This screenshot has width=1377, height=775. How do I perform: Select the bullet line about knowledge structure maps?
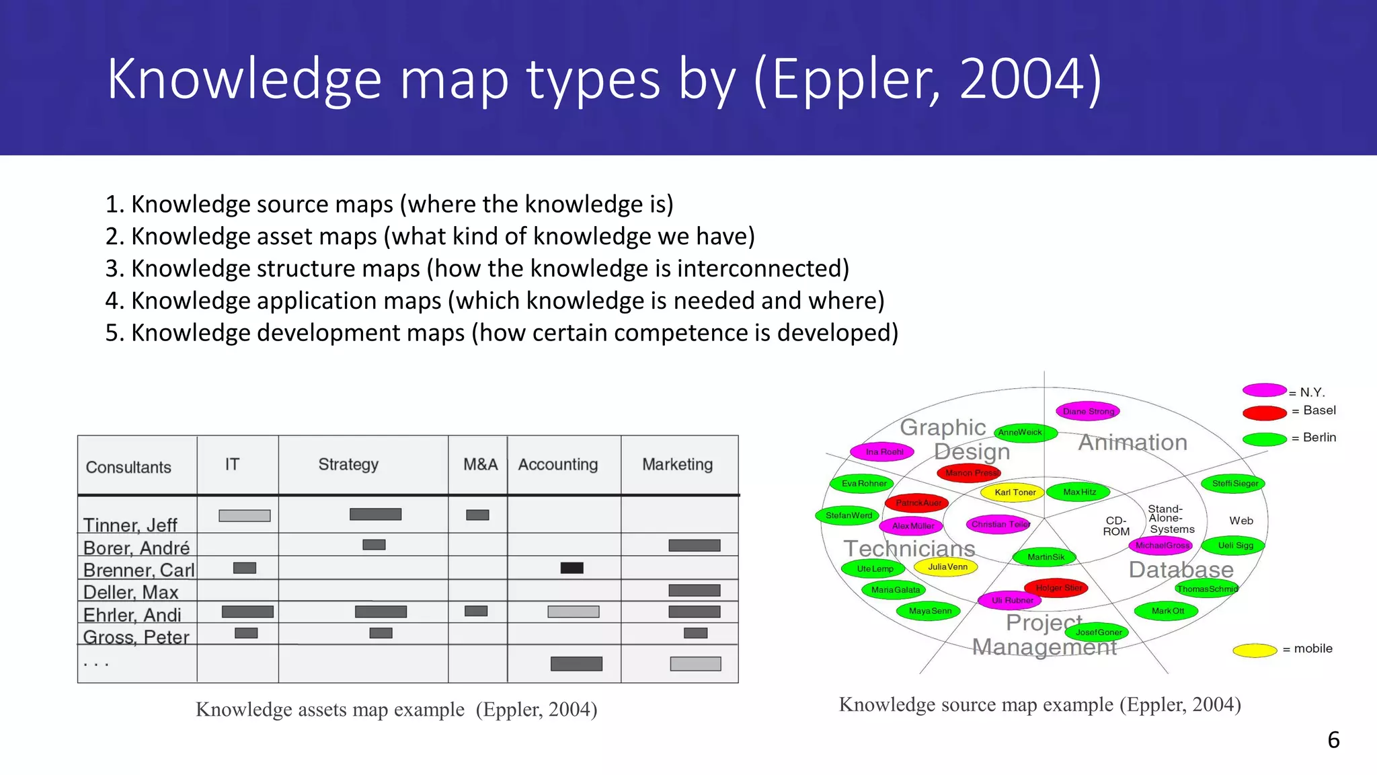coord(477,268)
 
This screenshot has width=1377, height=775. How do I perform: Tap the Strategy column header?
coord(348,464)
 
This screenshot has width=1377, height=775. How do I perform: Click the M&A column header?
coord(480,464)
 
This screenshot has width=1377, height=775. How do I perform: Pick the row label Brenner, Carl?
coord(139,570)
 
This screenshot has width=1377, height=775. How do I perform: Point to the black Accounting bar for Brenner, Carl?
coord(572,568)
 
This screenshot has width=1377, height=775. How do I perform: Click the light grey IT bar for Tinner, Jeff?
coord(245,516)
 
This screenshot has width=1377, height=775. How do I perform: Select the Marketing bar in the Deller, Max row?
coord(695,590)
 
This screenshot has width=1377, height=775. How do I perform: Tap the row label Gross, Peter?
coord(136,636)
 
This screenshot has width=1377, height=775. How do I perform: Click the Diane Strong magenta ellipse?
coord(1088,411)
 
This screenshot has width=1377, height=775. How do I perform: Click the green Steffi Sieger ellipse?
coord(1234,483)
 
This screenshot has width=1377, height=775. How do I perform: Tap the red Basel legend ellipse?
coord(1264,412)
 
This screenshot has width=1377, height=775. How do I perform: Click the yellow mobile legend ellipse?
coord(1255,650)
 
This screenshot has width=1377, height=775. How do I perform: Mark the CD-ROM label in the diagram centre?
coord(1116,525)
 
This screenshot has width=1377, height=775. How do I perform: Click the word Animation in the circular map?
coord(1133,442)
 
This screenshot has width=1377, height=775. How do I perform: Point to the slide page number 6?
coord(1333,740)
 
